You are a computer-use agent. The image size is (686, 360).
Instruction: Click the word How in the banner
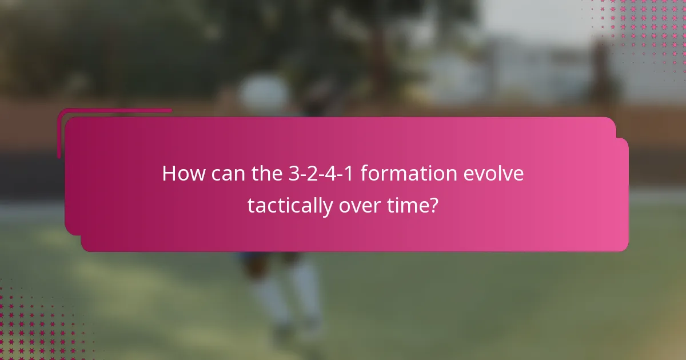coord(181,174)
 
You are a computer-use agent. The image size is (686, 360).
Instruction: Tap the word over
coord(360,205)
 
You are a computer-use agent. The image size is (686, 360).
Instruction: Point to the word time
coord(408,205)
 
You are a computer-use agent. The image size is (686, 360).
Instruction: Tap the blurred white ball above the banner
coord(264,91)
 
